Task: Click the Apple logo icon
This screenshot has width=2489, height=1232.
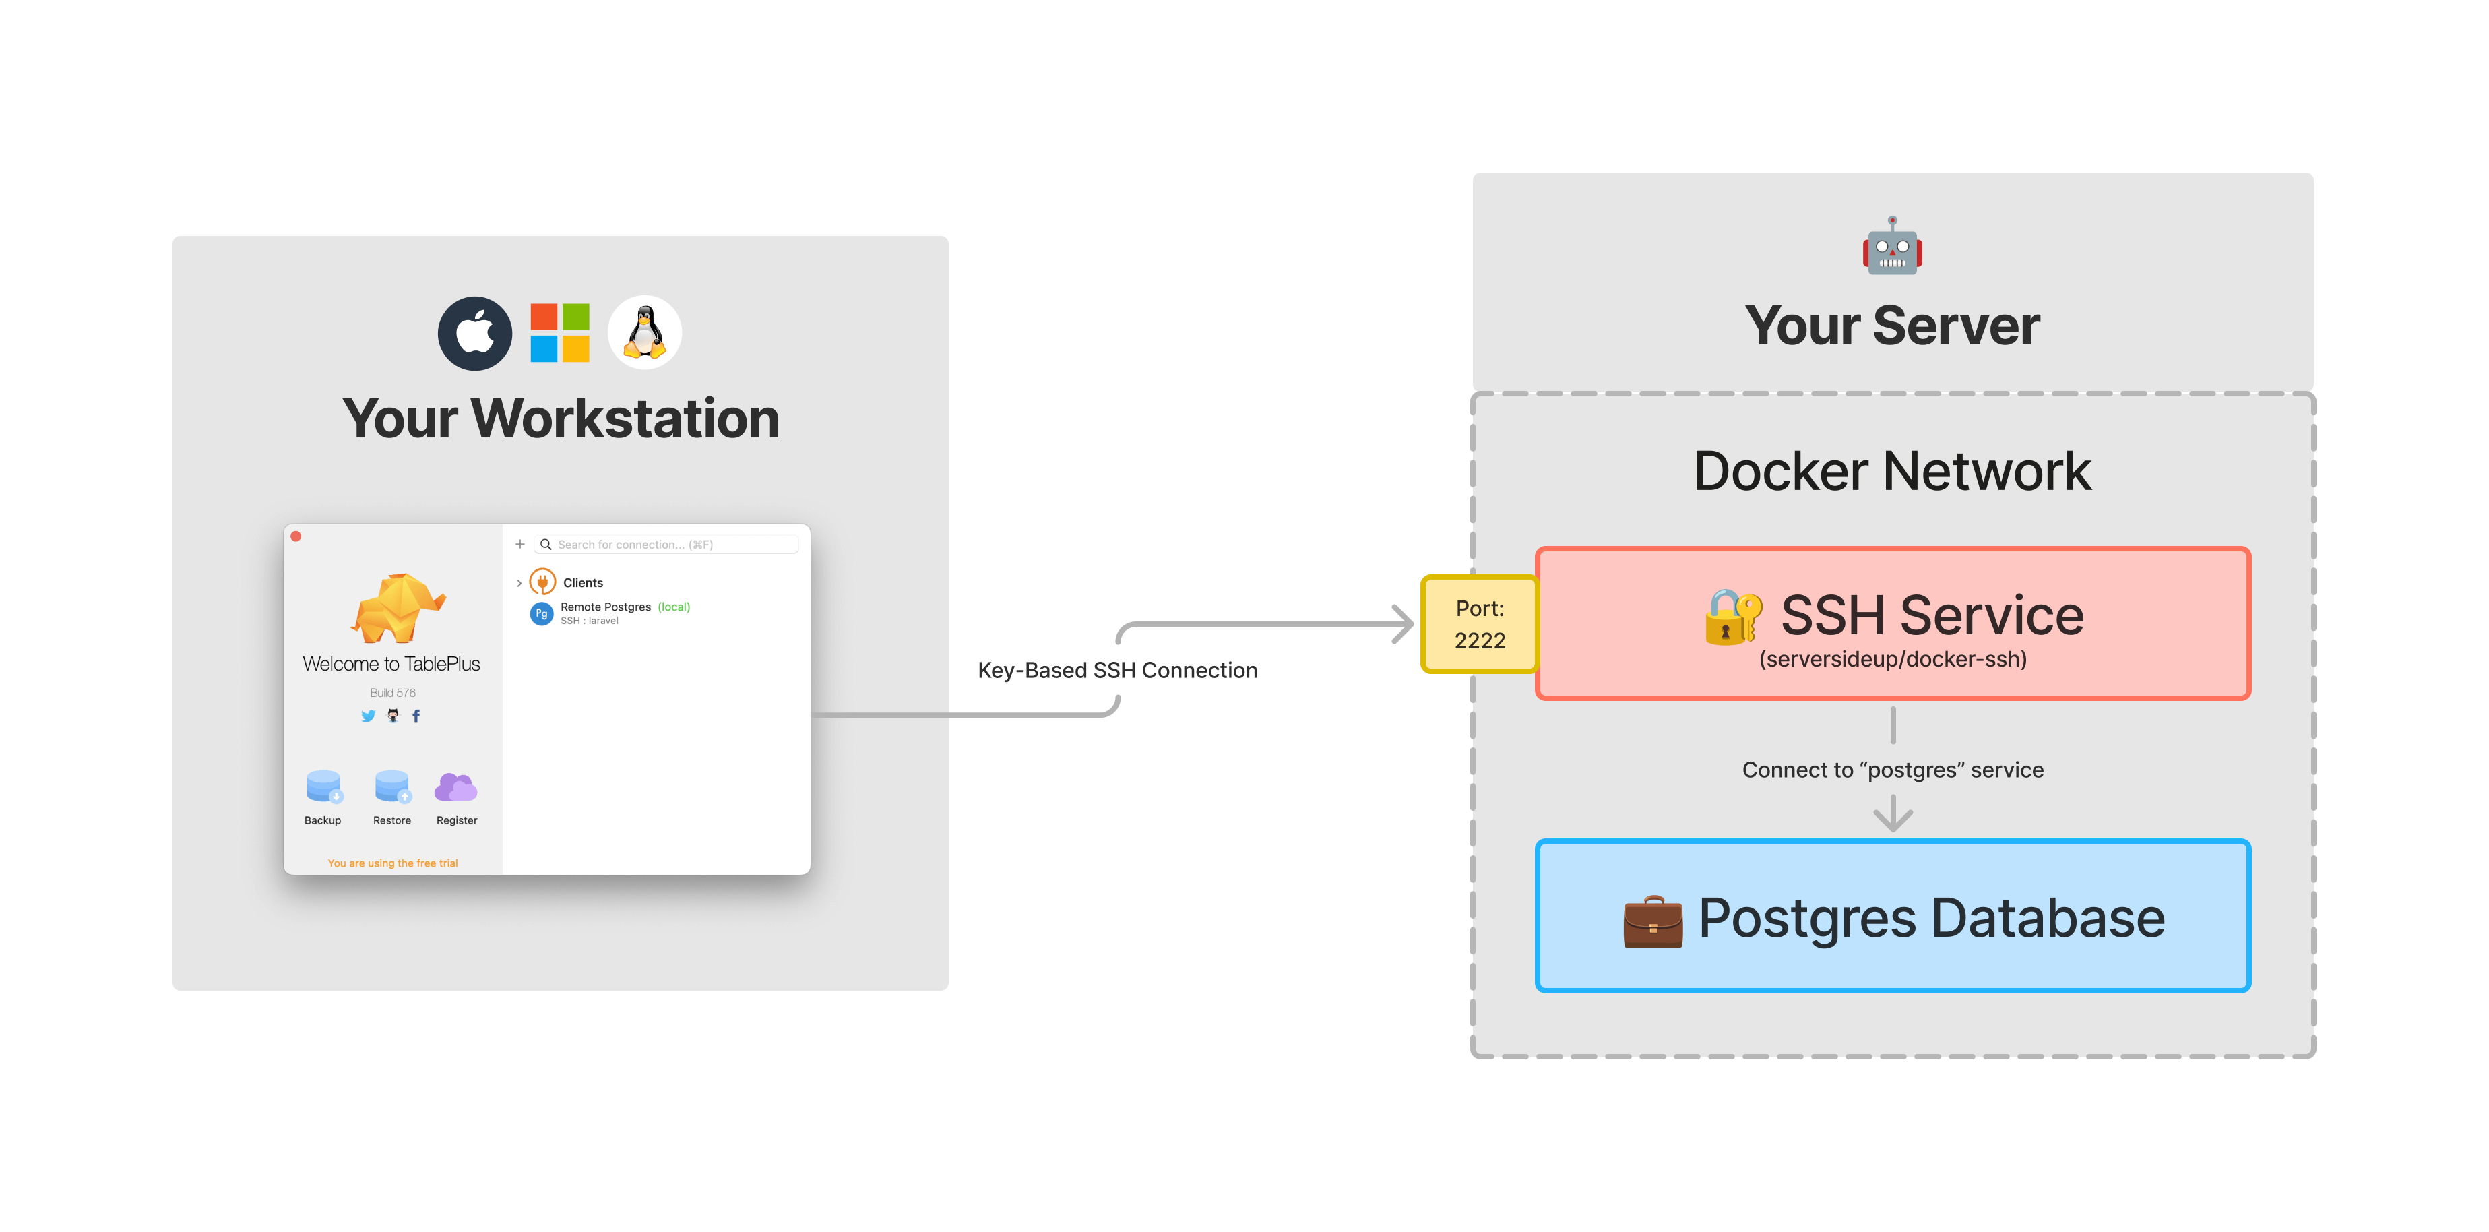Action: [x=474, y=334]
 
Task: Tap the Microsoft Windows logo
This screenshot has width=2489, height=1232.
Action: [x=559, y=334]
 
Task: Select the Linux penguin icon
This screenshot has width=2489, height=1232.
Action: [x=644, y=334]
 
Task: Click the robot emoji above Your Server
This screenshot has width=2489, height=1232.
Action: [x=1892, y=247]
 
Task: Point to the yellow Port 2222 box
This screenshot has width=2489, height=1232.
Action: [x=1479, y=624]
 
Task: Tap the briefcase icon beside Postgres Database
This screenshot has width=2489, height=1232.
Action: [x=1652, y=921]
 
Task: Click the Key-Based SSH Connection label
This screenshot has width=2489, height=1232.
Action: [x=1117, y=671]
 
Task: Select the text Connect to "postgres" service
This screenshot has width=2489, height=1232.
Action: [x=1892, y=770]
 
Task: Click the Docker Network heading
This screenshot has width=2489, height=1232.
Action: [x=1892, y=472]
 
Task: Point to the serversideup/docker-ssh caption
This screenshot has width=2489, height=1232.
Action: [x=1892, y=660]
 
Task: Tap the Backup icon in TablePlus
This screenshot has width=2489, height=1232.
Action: [x=323, y=787]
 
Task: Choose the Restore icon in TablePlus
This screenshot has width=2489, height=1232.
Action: [x=392, y=787]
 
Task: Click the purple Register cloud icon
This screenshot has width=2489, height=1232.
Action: [x=456, y=787]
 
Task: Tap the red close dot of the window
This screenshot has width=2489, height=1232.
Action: [x=296, y=536]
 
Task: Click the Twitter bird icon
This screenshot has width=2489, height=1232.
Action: [x=368, y=716]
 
